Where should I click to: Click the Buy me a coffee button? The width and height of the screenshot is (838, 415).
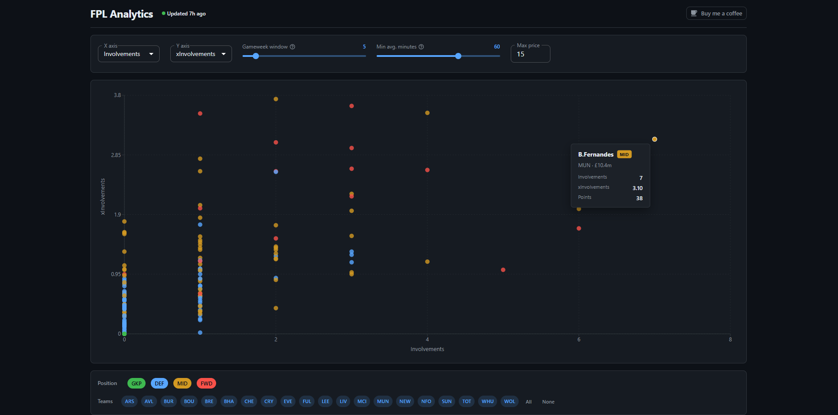click(716, 14)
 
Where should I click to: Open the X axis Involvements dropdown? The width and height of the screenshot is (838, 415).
click(128, 54)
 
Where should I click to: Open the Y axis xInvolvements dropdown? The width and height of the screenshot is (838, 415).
click(201, 54)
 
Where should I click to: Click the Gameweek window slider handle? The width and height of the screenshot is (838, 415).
click(256, 56)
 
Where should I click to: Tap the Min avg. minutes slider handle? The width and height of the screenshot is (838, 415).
click(458, 56)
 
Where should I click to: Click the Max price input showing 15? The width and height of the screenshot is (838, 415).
click(530, 54)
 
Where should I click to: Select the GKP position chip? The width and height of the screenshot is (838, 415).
click(136, 384)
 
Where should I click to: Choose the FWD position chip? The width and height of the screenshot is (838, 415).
click(206, 384)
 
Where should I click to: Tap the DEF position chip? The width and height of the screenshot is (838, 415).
click(159, 384)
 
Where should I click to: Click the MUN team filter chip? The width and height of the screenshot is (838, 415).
click(383, 401)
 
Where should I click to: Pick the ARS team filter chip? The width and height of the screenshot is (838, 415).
click(129, 401)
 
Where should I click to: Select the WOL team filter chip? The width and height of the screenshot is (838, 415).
click(509, 401)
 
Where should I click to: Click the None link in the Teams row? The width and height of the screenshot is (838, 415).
click(548, 402)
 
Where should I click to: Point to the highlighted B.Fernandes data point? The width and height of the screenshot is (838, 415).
click(655, 139)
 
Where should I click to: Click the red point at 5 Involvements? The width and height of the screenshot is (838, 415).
click(503, 270)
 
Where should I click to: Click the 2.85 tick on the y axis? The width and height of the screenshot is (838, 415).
click(116, 155)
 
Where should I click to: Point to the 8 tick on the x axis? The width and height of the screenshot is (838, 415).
click(730, 340)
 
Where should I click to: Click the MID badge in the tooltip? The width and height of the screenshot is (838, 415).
click(624, 155)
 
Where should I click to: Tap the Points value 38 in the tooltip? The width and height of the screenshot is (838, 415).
click(639, 198)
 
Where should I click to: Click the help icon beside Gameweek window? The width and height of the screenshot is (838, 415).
click(292, 47)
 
